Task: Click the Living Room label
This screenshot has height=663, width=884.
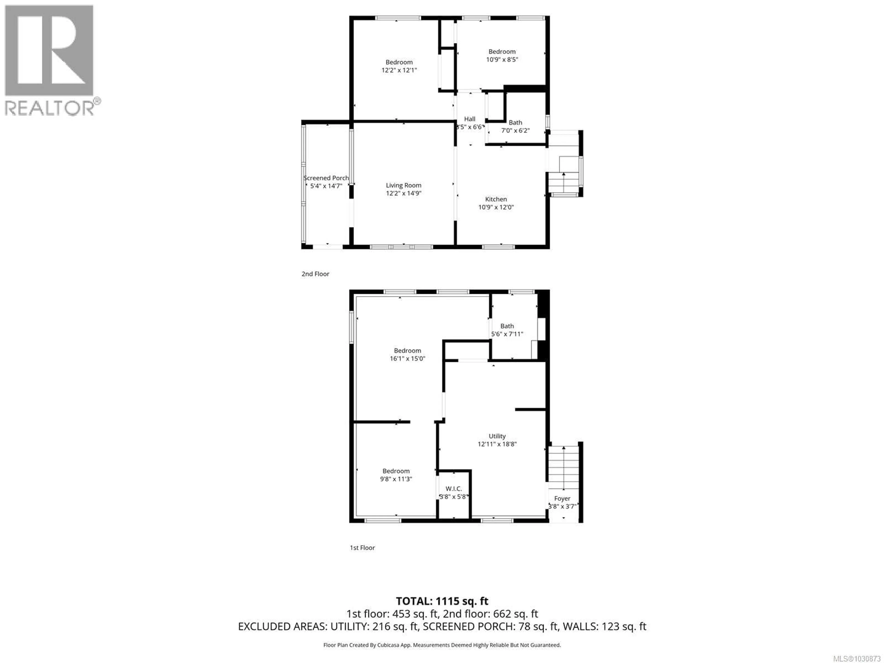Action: click(x=403, y=185)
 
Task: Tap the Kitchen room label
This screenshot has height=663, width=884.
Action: click(x=496, y=199)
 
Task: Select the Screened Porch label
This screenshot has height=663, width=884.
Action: click(x=326, y=178)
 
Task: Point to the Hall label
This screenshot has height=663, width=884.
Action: click(x=470, y=119)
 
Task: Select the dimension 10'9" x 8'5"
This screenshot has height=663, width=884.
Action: click(x=502, y=60)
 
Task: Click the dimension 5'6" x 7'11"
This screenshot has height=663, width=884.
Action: click(x=507, y=334)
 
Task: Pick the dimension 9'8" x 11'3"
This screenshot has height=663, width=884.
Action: click(x=396, y=479)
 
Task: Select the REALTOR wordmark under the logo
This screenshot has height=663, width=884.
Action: click(x=50, y=108)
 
